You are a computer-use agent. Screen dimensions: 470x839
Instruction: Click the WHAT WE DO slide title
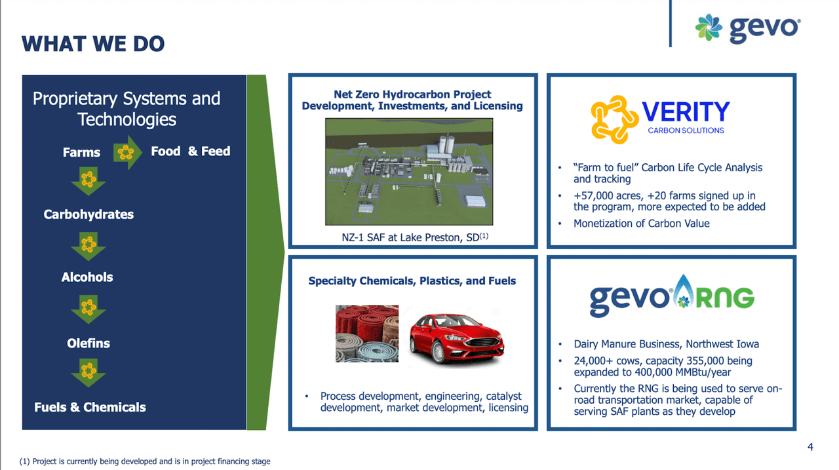[x=93, y=44]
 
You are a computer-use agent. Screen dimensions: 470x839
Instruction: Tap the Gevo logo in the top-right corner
[x=747, y=28]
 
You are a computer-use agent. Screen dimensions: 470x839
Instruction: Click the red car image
[x=456, y=337]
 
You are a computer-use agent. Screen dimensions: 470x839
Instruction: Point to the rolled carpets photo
[x=366, y=333]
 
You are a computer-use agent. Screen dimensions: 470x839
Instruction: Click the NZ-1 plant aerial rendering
[x=409, y=172]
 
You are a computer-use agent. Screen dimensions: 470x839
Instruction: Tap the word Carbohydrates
[x=88, y=214]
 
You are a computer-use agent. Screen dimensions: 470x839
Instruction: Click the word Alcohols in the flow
[x=87, y=277]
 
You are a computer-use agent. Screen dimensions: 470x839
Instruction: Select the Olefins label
[x=88, y=343]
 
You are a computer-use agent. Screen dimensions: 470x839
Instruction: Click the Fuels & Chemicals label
[x=90, y=407]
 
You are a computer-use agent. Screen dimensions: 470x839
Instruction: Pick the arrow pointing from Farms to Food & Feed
[x=128, y=153]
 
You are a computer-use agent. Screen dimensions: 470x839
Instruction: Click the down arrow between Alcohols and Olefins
[x=88, y=309]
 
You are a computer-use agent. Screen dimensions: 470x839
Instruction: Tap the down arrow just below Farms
[x=88, y=181]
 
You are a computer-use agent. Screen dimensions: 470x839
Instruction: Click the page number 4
[x=810, y=447]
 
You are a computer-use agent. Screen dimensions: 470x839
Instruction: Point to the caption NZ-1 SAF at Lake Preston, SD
[x=410, y=237]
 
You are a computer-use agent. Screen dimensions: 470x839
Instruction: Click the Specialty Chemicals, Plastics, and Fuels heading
[x=412, y=281]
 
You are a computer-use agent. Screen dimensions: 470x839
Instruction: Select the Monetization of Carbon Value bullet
[x=641, y=224]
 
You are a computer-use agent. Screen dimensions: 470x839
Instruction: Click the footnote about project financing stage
[x=145, y=461]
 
